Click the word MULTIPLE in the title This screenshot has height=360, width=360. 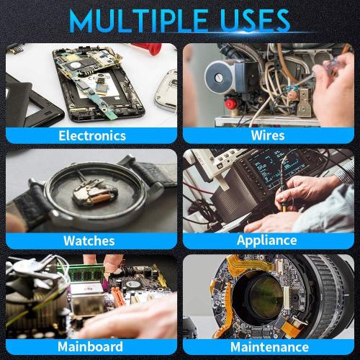[138, 21]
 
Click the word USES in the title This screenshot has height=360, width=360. [256, 21]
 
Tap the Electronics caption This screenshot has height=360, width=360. [92, 135]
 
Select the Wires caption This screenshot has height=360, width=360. [268, 135]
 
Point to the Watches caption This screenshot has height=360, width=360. [89, 240]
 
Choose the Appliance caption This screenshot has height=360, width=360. [267, 240]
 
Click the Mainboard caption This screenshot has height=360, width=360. [90, 346]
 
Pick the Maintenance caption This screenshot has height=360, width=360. [269, 347]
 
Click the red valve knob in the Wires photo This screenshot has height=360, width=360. [230, 104]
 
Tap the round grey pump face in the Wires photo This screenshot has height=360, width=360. [220, 76]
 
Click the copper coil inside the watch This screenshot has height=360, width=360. [103, 198]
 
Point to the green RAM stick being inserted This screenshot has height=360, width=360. [87, 272]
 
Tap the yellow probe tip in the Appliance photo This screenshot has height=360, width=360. [284, 208]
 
